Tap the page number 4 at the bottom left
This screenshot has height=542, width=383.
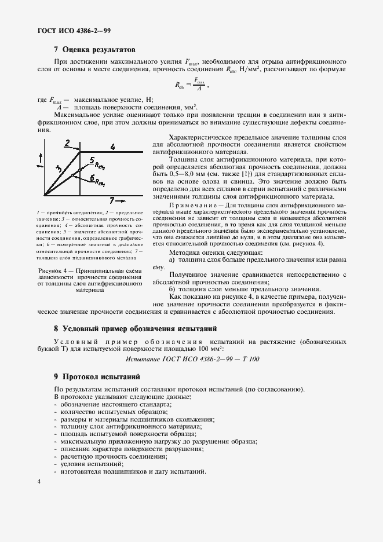click(x=39, y=482)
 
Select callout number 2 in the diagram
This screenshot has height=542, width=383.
click(x=67, y=142)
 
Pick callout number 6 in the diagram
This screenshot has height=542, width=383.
click(x=92, y=178)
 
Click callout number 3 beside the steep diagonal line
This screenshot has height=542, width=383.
click(x=59, y=168)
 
